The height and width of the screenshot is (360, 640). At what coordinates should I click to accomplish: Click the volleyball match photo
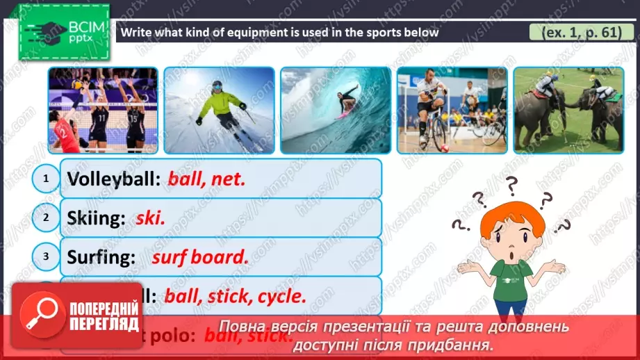[102, 110]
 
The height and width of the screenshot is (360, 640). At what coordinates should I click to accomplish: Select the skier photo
[219, 110]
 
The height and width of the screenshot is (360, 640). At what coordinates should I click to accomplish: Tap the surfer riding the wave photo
[336, 110]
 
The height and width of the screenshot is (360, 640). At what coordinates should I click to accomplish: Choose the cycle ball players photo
[452, 110]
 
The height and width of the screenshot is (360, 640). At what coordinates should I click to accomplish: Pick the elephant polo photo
[568, 110]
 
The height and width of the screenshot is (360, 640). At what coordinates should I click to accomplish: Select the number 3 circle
[46, 256]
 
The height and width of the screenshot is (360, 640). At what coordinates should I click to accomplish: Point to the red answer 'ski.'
[150, 218]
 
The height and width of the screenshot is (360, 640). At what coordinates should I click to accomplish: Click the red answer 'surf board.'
[199, 256]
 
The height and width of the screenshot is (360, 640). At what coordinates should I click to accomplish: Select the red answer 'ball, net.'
[207, 179]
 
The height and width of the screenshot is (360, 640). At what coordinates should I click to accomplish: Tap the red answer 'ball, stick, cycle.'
[235, 296]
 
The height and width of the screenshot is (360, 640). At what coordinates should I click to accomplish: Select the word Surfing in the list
[101, 256]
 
